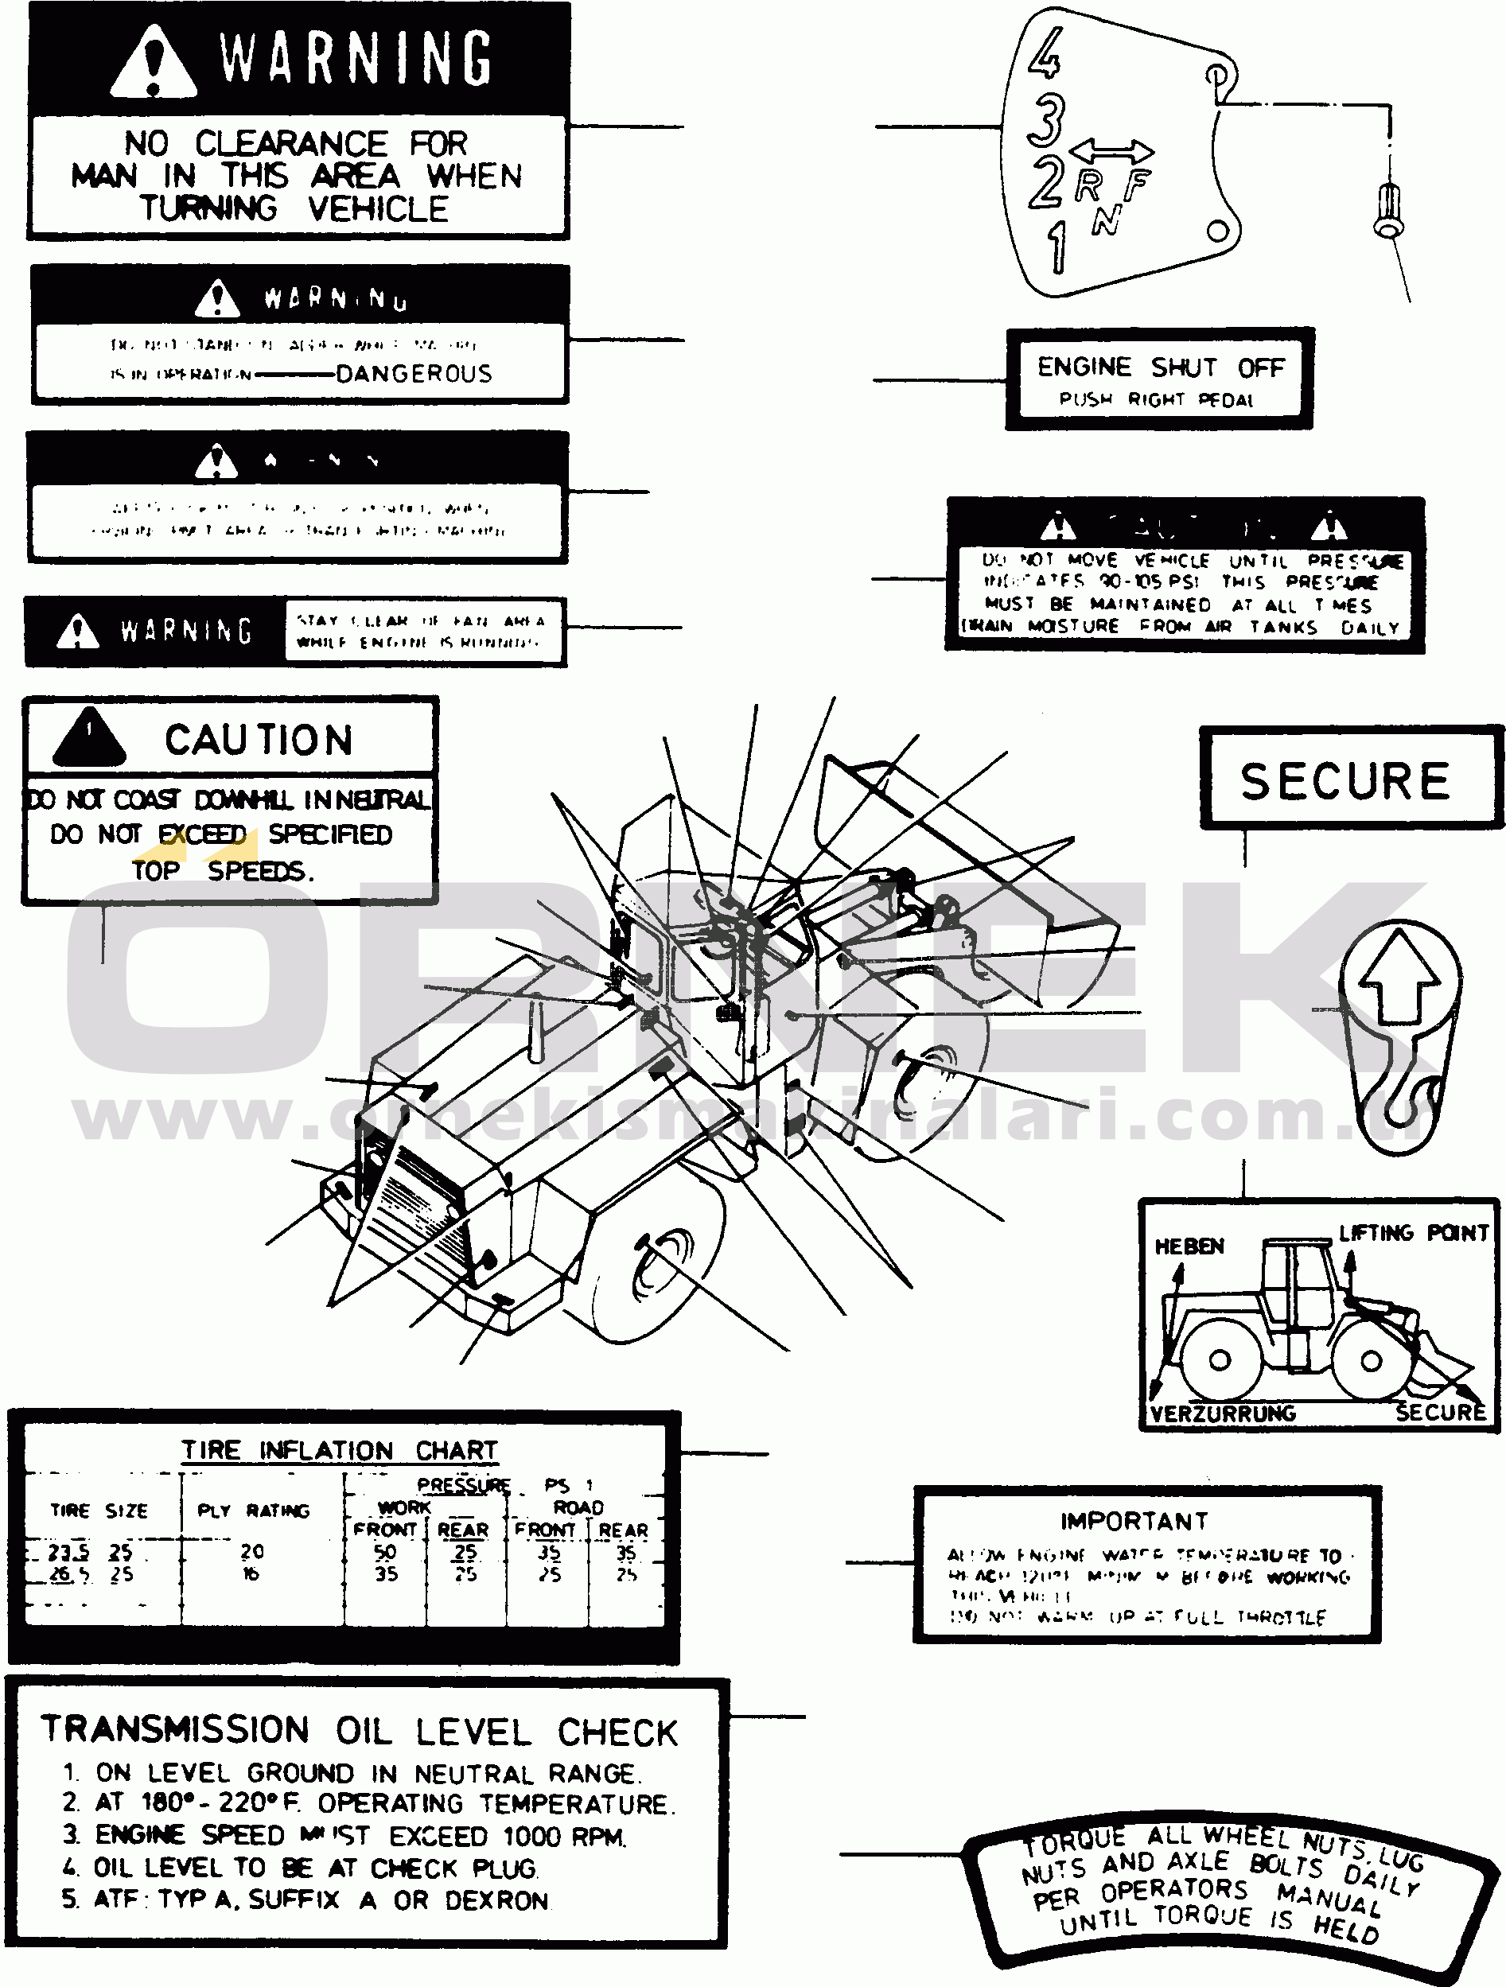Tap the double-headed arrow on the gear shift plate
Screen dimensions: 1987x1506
click(1111, 150)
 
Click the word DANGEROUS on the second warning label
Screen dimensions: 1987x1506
click(414, 374)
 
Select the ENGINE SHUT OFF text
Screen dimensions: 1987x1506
click(1160, 367)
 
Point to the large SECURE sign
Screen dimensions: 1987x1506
click(1345, 780)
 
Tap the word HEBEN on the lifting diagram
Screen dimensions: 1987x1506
click(1189, 1246)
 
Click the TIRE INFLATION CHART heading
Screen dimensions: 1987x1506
click(340, 1451)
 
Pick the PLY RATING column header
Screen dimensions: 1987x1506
click(254, 1511)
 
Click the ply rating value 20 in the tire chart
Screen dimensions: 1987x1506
click(252, 1551)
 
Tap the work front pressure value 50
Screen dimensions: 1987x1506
click(386, 1552)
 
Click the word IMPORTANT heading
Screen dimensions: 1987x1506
click(1134, 1522)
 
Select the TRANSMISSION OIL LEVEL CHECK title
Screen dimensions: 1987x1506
click(360, 1730)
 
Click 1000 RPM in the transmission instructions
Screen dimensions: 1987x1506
click(563, 1836)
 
